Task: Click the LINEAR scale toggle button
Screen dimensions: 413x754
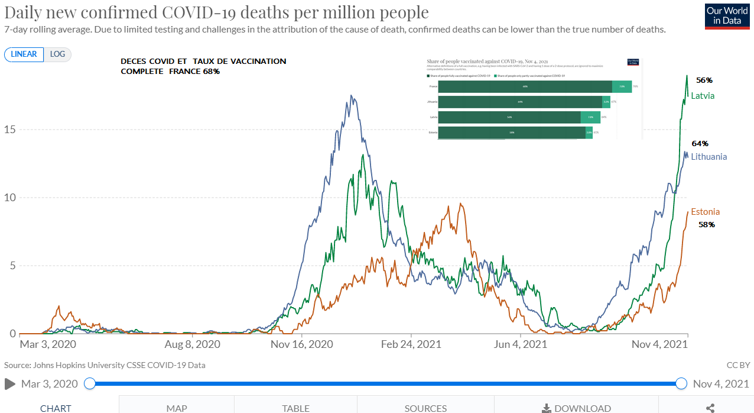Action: pos(24,54)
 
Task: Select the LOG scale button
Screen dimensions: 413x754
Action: pos(57,54)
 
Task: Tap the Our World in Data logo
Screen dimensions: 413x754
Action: pos(727,16)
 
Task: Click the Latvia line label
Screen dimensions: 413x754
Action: pos(703,96)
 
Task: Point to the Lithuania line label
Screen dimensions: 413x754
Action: pos(709,157)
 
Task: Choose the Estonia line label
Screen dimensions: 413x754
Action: pos(705,212)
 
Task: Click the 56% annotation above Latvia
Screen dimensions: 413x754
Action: pos(704,80)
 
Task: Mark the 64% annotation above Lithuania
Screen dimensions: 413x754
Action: pos(700,143)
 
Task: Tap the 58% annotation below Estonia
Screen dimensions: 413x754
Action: pos(707,225)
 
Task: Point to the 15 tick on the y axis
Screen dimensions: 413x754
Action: pos(10,130)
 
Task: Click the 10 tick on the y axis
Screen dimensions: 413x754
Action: pos(10,198)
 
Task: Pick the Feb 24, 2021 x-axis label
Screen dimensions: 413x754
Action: pos(412,344)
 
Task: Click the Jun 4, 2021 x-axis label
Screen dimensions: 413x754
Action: pos(519,344)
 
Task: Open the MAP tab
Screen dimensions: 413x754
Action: pos(177,408)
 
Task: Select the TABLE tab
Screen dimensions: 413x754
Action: pos(295,408)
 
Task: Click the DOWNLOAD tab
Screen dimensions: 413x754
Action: pos(576,408)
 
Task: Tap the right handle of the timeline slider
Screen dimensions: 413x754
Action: pos(681,383)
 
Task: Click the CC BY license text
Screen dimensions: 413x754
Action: pos(738,365)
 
